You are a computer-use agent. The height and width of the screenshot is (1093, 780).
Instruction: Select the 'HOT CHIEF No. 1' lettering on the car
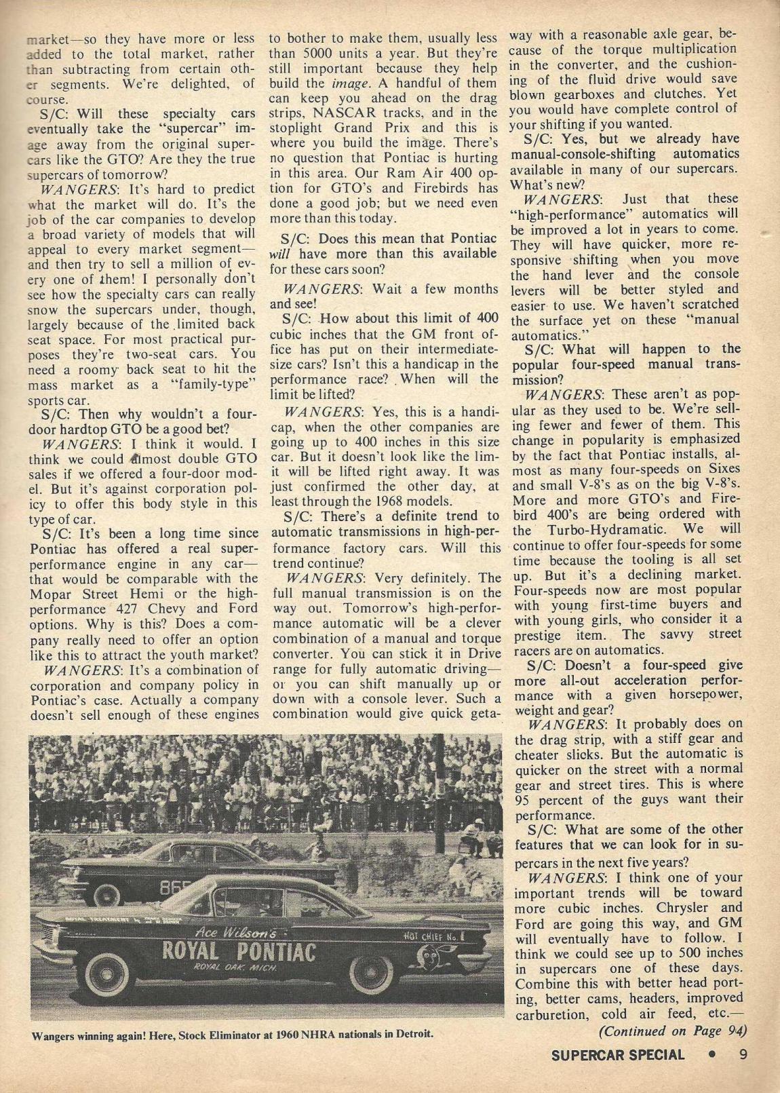[x=434, y=936]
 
